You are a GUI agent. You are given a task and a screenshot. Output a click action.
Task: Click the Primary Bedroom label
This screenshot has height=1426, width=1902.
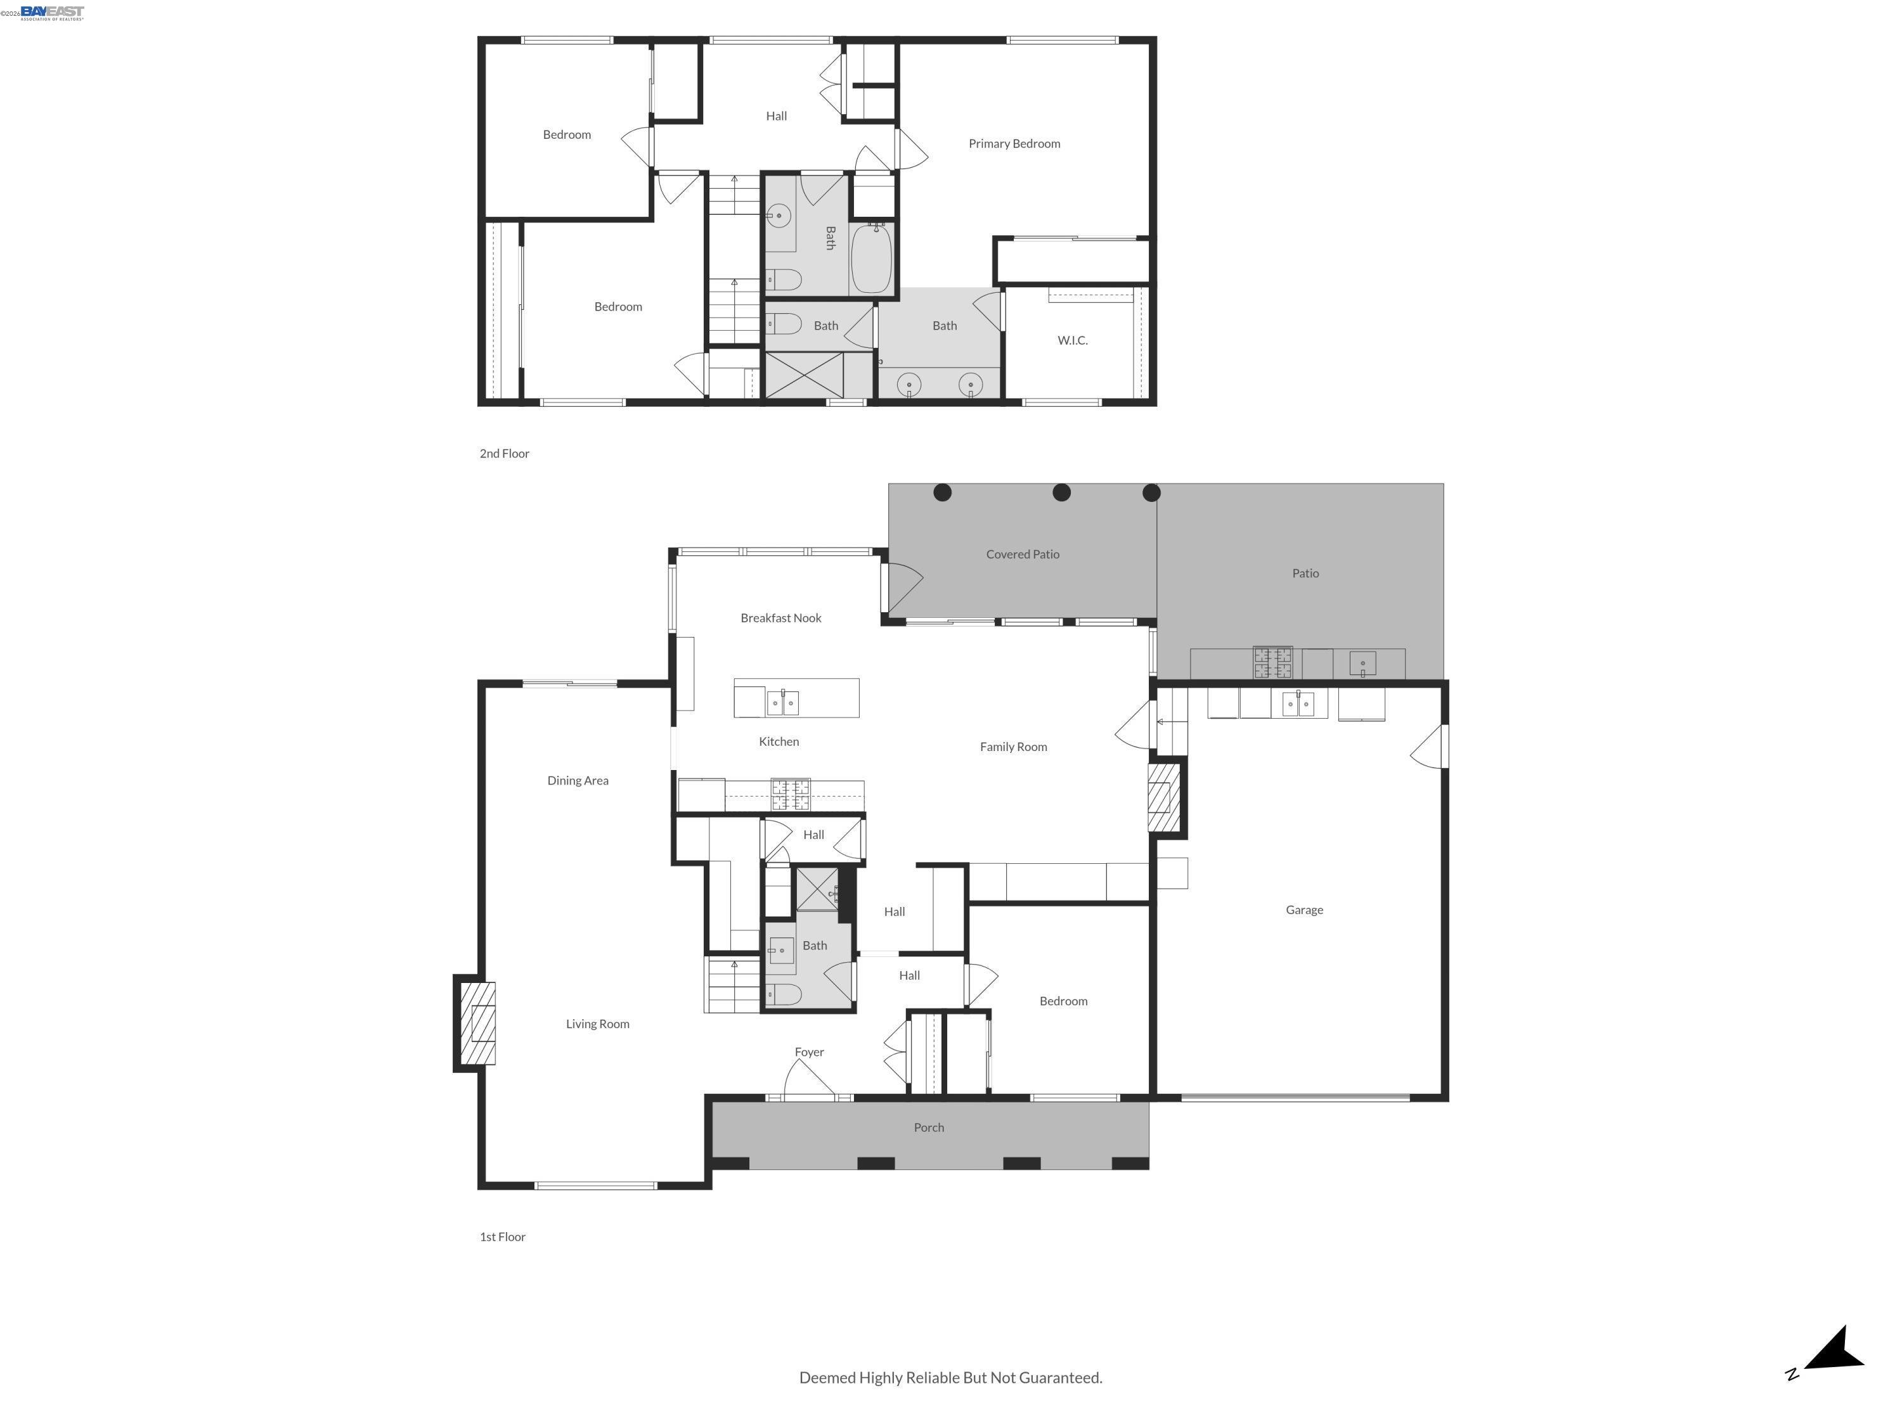coord(1014,143)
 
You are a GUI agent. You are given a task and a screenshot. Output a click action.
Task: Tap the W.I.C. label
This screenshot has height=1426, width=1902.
coord(1072,340)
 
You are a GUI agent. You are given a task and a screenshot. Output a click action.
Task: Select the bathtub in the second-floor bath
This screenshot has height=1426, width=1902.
coord(871,259)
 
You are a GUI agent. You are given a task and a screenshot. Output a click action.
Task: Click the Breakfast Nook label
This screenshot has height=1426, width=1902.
coord(780,618)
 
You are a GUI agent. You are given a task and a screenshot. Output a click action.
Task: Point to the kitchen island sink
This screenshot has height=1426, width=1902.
coord(782,702)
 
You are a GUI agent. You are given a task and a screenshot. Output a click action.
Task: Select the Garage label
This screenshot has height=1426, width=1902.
coord(1304,909)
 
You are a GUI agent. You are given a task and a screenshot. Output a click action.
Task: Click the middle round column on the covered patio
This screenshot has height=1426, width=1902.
coord(1061,492)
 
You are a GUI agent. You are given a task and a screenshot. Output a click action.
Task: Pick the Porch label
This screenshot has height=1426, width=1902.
coord(929,1127)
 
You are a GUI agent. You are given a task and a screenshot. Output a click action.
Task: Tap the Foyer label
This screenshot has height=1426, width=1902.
coord(808,1051)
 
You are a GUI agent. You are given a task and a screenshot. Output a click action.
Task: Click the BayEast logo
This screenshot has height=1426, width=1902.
coord(51,12)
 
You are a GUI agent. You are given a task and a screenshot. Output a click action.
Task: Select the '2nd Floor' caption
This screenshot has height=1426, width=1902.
coord(504,453)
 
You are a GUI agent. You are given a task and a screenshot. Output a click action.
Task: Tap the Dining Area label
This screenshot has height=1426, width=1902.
coord(577,780)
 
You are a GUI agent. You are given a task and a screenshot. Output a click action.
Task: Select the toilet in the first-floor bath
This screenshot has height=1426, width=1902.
coord(784,994)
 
